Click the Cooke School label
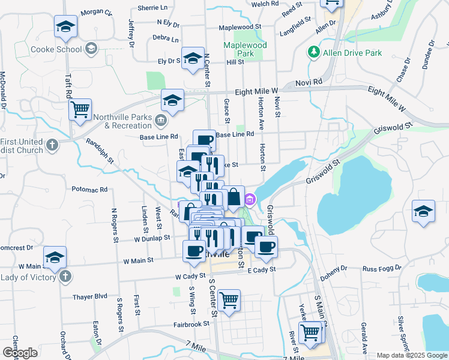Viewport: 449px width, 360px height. tap(56, 49)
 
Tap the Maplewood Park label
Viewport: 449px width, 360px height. tap(245, 49)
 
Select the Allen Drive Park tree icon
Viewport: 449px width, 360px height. tap(313, 53)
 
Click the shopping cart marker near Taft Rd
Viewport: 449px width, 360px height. tap(80, 110)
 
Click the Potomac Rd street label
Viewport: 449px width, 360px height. tap(89, 189)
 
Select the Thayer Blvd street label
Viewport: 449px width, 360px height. tap(90, 296)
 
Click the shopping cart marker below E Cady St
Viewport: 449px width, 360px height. tap(229, 300)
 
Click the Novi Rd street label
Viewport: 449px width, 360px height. tap(309, 82)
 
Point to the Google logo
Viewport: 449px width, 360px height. tap(20, 353)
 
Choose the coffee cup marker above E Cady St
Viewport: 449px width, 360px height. tap(266, 245)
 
